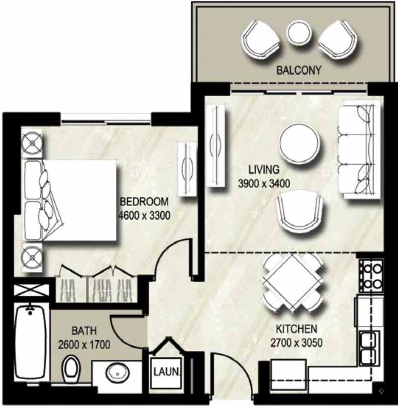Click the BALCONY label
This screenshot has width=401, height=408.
[x=299, y=70]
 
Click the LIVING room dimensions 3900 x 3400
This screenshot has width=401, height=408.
[x=264, y=183]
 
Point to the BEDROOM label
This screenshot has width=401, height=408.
[x=144, y=202]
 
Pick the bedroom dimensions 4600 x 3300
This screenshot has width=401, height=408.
[x=144, y=215]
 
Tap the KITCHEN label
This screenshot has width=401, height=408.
[x=296, y=329]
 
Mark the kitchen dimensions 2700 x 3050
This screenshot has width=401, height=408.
[x=296, y=343]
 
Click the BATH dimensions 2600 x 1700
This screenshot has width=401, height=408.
[x=84, y=345]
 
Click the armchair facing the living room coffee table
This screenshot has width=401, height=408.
[x=300, y=213]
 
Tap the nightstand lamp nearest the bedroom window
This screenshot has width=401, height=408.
[x=32, y=143]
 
